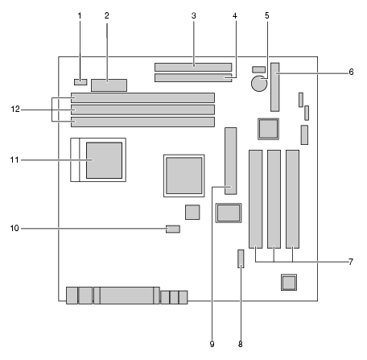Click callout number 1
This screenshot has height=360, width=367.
point(80,16)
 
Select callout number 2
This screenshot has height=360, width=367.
point(107,16)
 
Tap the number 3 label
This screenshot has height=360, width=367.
point(194,16)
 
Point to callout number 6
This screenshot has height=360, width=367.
point(351,72)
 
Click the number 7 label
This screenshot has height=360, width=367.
point(351,262)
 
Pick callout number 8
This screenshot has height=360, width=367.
point(241,344)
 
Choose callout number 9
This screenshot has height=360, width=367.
point(212,344)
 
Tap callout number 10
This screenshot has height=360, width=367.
point(14,228)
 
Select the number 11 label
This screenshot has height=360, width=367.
point(14,160)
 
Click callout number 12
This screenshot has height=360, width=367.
point(15,110)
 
